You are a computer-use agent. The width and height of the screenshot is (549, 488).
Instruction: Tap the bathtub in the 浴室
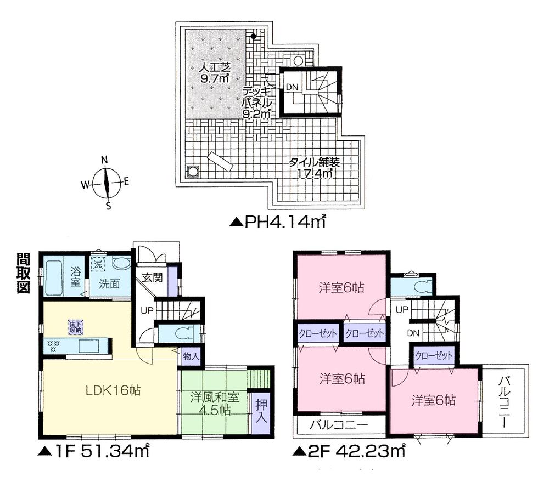click(53, 278)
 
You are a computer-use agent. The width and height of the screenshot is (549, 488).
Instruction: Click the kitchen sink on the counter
click(88, 347)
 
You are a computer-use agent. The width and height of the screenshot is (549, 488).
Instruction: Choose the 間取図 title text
click(23, 274)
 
